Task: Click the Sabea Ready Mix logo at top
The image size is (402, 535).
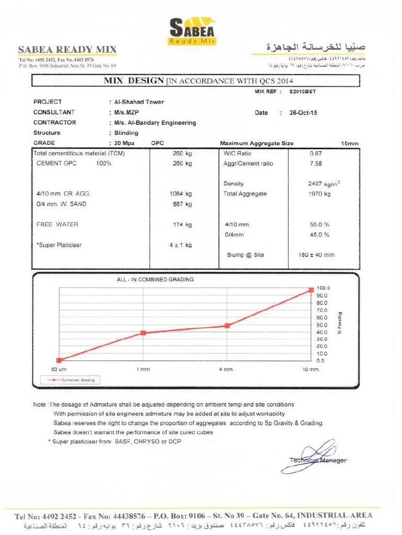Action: click(193, 31)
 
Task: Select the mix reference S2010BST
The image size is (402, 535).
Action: click(303, 91)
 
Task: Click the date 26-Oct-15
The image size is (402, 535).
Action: click(303, 112)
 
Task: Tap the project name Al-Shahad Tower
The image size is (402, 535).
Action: click(136, 102)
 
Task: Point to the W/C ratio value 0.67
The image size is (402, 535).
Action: click(316, 153)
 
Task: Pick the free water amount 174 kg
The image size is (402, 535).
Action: click(182, 225)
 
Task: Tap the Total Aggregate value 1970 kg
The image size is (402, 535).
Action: click(319, 194)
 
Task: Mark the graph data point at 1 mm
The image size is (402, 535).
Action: click(143, 333)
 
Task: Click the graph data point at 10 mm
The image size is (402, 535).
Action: click(311, 289)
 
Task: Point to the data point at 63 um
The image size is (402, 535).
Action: click(59, 360)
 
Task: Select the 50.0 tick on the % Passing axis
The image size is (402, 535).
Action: click(321, 324)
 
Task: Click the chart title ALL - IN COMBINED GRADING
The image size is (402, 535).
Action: click(155, 280)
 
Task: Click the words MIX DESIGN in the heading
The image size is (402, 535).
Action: click(134, 80)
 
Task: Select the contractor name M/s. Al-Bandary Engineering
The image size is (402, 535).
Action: click(152, 123)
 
